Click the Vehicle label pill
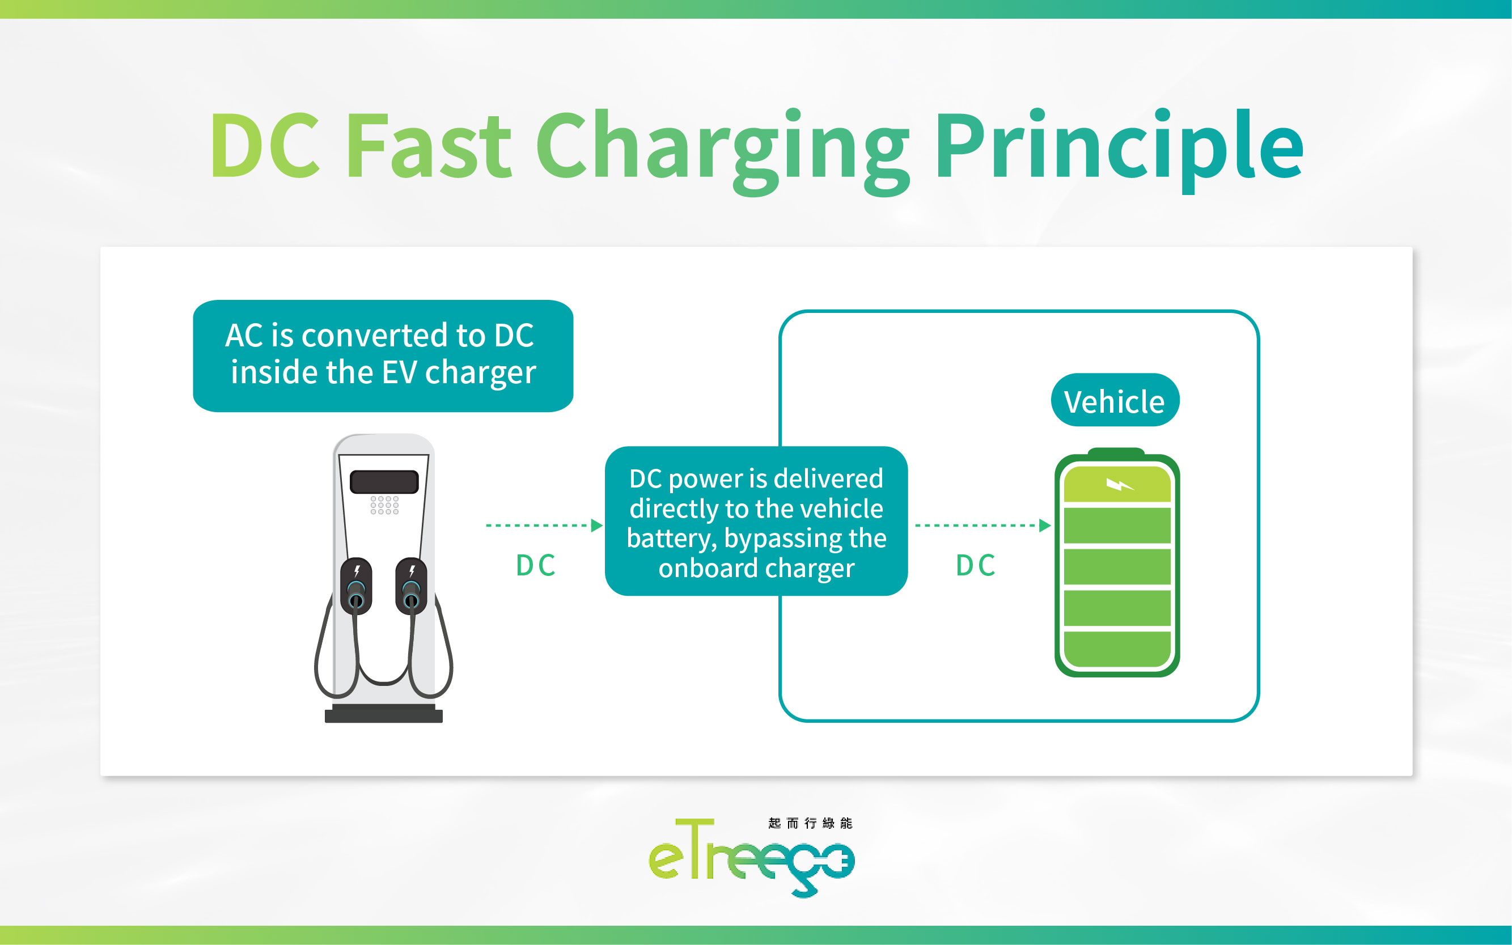coord(1115,401)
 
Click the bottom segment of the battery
coord(1116,649)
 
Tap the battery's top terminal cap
coord(1116,451)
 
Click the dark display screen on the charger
coord(384,482)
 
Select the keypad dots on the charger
coord(384,505)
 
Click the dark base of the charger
coord(383,714)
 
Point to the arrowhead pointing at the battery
coord(1044,526)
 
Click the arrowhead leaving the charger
coord(597,526)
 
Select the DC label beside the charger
coord(536,566)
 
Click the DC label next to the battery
coord(976,566)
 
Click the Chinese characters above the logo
coord(810,823)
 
